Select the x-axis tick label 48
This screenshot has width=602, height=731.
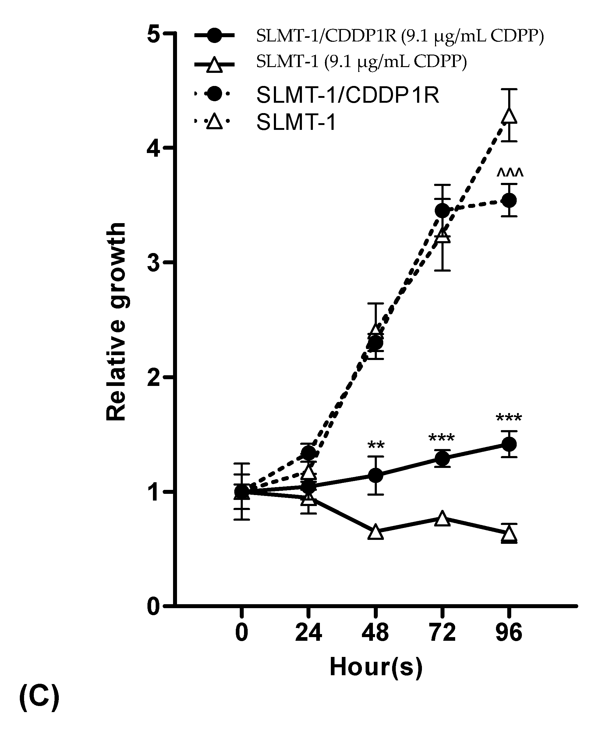(375, 633)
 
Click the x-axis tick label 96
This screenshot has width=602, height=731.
(509, 633)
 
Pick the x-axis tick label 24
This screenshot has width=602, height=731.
(308, 633)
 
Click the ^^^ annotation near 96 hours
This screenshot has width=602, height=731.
(510, 172)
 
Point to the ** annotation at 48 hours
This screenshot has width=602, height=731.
(376, 445)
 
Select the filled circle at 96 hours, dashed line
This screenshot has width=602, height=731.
(509, 200)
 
